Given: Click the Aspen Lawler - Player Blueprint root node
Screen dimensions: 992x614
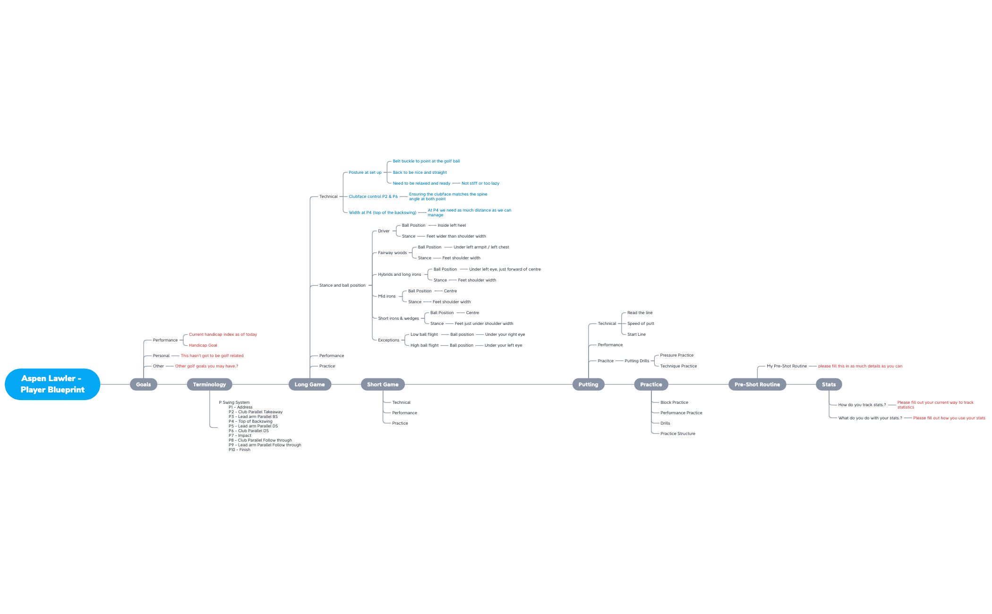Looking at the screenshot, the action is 52,384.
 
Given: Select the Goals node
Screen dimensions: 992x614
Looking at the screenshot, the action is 144,384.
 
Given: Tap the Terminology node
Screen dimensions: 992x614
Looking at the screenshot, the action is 209,384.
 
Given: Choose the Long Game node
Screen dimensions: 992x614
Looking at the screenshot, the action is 310,384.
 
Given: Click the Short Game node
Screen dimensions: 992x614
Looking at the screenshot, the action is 383,384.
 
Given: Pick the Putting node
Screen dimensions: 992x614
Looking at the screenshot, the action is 588,384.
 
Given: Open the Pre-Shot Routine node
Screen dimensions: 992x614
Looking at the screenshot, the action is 757,384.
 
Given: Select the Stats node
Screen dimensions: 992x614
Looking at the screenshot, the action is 829,384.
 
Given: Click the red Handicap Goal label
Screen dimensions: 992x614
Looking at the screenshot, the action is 203,345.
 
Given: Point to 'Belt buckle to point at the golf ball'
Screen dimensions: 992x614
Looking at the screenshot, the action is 426,161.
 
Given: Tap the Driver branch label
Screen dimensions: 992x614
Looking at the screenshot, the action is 384,231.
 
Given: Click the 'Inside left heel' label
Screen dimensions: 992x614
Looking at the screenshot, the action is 452,225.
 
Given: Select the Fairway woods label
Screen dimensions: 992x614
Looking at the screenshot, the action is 393,253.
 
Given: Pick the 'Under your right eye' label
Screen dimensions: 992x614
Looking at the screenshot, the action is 505,334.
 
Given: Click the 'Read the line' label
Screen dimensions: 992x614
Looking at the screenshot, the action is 640,313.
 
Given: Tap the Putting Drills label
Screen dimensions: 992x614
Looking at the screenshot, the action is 637,361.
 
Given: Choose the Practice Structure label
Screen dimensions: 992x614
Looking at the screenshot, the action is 678,434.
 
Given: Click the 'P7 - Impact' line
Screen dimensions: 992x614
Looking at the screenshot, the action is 240,435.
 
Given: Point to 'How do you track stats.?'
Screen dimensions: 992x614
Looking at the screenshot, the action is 862,405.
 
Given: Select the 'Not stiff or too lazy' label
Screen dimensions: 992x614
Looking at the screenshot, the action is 480,183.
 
